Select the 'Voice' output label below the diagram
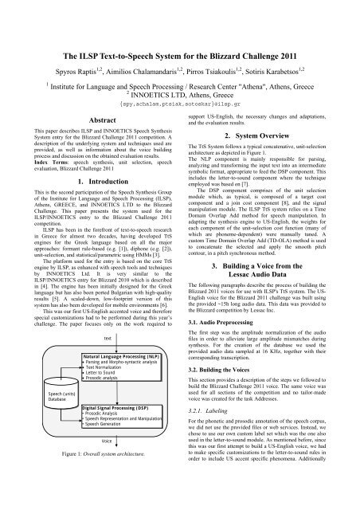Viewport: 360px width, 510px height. pos(107,441)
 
